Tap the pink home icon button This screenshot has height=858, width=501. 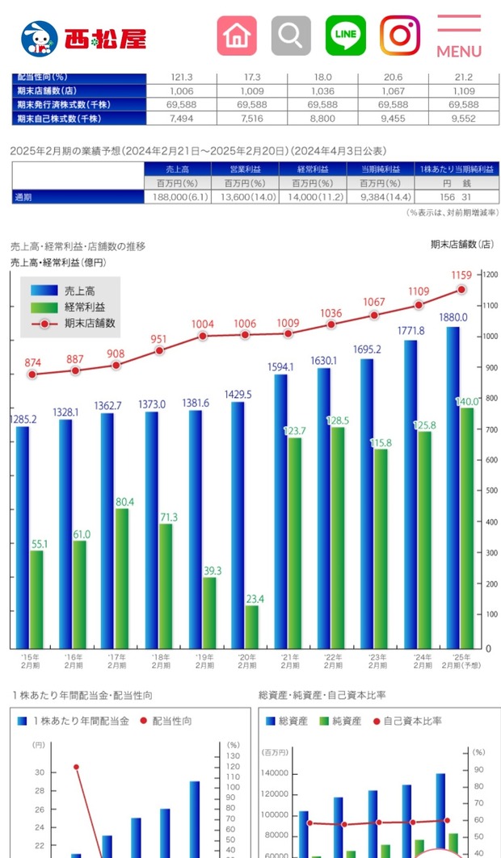tap(237, 36)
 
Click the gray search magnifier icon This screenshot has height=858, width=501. tap(291, 36)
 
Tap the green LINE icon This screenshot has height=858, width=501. tap(346, 36)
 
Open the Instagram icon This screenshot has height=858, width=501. tap(400, 36)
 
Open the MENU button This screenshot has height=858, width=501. tap(459, 37)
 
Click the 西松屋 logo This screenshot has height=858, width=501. tap(83, 37)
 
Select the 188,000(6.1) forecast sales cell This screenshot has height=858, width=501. tap(176, 197)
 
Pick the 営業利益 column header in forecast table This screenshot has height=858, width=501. tap(244, 170)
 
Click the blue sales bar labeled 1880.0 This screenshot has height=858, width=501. tap(453, 484)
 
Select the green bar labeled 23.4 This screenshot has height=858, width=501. tap(251, 626)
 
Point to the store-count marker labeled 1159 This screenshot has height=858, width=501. tap(461, 289)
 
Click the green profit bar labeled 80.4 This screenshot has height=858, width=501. tap(122, 577)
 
